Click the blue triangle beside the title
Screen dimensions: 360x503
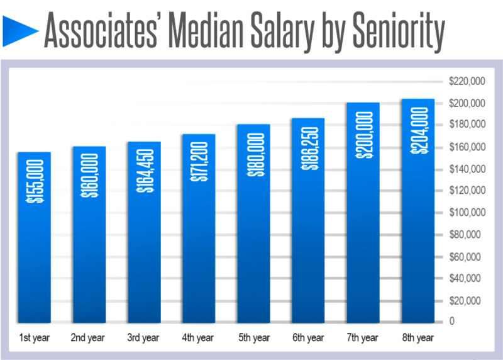(20, 30)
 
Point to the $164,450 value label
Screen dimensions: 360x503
(144, 171)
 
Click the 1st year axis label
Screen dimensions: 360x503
(34, 338)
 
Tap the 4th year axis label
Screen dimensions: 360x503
(198, 338)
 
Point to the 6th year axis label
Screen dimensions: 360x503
(308, 338)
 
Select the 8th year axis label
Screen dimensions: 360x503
(417, 338)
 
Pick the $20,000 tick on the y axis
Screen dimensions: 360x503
(467, 300)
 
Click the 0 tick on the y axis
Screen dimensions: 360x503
(452, 322)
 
